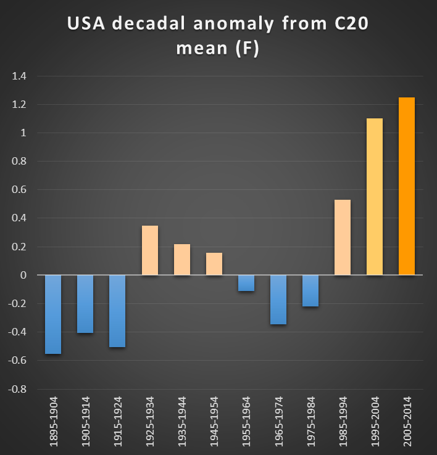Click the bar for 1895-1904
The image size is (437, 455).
pos(53,314)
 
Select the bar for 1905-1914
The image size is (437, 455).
pos(85,304)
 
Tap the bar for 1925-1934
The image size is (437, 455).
pos(150,250)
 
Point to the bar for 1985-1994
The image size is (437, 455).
pos(343,237)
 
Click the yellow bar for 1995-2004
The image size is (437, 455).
pos(375,197)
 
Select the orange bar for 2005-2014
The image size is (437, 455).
pos(407,186)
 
